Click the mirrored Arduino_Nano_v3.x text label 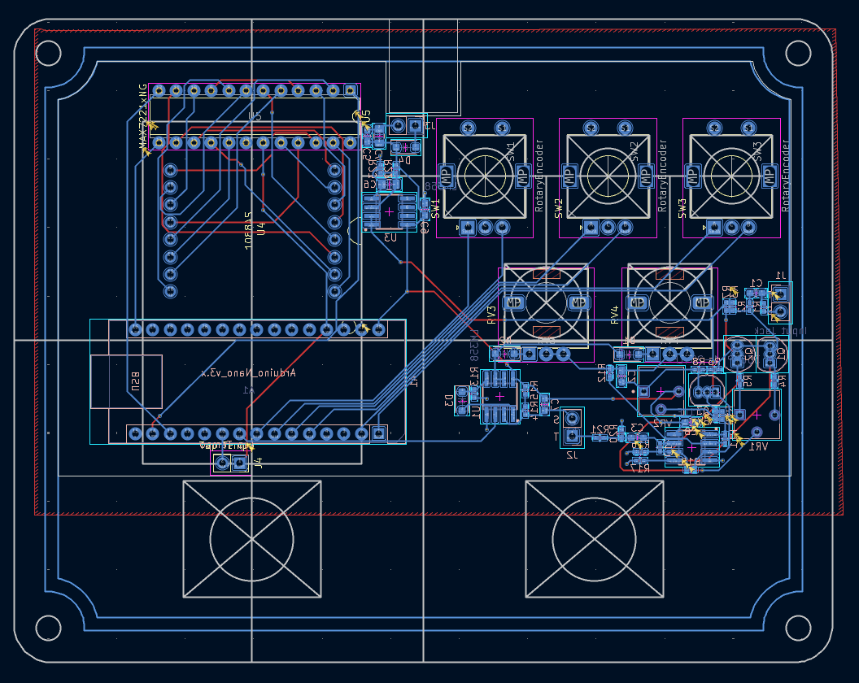pos(248,372)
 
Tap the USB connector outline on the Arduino pos(126,381)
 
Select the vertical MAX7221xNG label pos(144,119)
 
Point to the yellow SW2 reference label pos(559,208)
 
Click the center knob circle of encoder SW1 pos(486,172)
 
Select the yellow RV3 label pos(491,315)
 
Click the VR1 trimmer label pos(757,446)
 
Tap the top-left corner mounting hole pos(48,54)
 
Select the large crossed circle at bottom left pos(252,539)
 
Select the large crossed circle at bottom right pos(594,539)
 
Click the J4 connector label pos(258,464)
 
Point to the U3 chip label pos(390,237)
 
